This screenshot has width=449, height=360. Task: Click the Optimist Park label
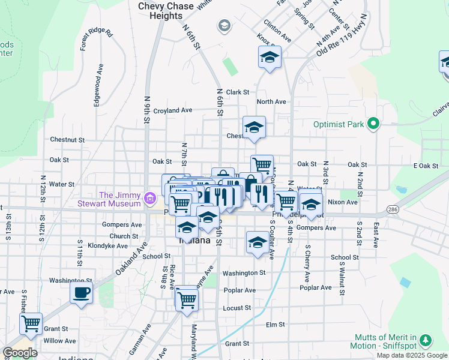pyautogui.click(x=339, y=125)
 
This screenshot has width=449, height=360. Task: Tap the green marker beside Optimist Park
pyautogui.click(x=373, y=125)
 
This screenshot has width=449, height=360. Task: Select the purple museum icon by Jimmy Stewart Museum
pyautogui.click(x=149, y=197)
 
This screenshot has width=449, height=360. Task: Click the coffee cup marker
pyautogui.click(x=81, y=293)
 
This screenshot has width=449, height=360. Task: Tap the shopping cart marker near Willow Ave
pyautogui.click(x=31, y=324)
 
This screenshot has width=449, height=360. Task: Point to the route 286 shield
pyautogui.click(x=393, y=209)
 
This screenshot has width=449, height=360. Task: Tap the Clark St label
pyautogui.click(x=238, y=92)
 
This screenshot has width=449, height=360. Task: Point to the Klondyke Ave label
pyautogui.click(x=107, y=246)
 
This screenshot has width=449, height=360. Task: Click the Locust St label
pyautogui.click(x=236, y=308)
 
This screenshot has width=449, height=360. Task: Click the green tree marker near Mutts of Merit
pyautogui.click(x=426, y=340)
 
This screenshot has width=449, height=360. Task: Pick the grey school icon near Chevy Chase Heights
pyautogui.click(x=224, y=25)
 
